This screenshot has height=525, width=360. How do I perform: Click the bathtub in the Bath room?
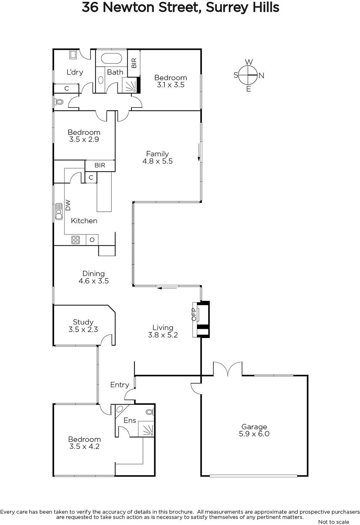(111, 58)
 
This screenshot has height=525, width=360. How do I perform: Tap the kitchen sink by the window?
(59, 211)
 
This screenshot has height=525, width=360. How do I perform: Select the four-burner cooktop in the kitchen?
(75, 240)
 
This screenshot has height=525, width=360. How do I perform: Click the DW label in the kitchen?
(68, 205)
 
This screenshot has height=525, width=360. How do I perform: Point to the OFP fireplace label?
(194, 315)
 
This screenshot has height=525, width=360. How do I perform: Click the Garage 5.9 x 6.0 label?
(254, 430)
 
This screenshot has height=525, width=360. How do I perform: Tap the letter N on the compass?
(261, 75)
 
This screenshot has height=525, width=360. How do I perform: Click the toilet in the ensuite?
(150, 412)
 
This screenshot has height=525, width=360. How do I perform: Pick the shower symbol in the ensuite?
(146, 429)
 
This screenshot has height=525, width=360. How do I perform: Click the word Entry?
(120, 385)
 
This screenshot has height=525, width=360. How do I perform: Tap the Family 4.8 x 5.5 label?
(158, 157)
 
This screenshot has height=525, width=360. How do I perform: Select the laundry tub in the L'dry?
(73, 54)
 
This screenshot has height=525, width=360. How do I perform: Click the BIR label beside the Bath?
(134, 63)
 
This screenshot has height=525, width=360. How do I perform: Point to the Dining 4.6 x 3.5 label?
(94, 277)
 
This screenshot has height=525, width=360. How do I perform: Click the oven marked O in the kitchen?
(92, 240)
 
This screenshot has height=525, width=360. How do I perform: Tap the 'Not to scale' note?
(333, 522)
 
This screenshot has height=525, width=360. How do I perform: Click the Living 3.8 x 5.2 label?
(163, 331)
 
